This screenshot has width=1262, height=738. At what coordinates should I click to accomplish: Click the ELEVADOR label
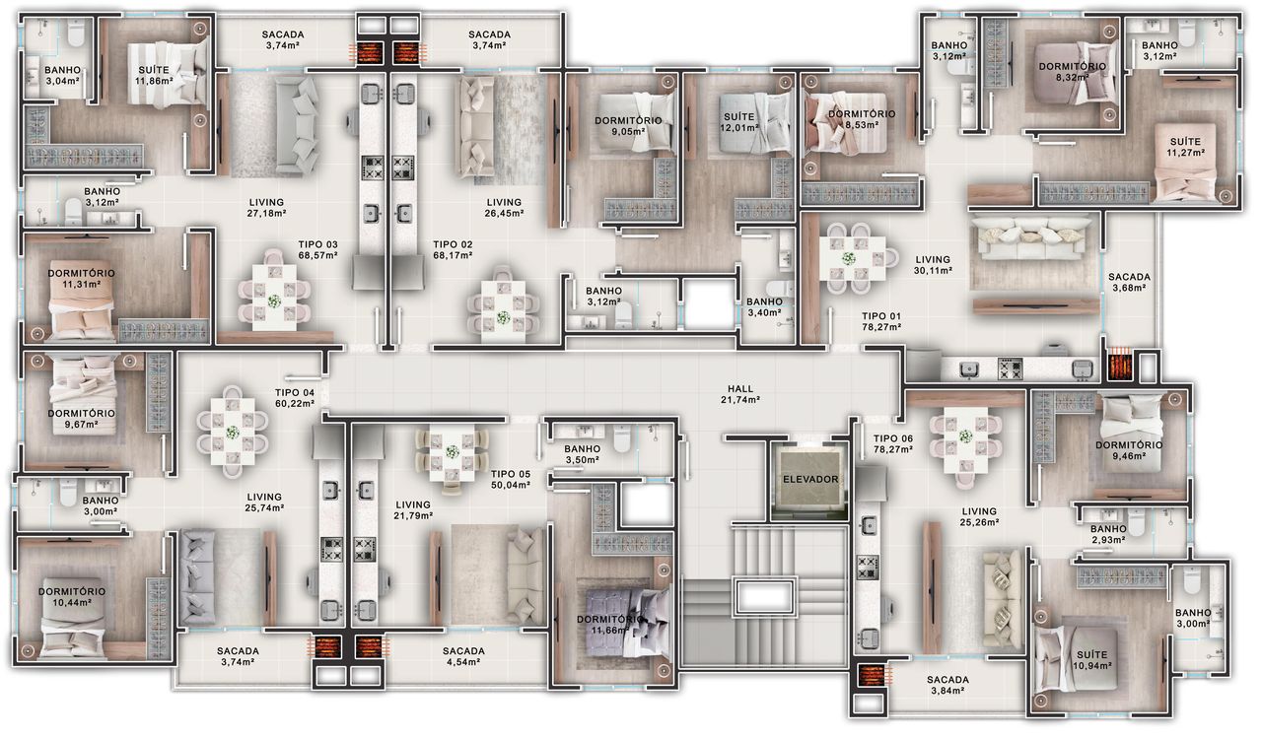click(810, 479)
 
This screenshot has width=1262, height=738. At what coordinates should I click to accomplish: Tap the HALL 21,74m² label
click(740, 394)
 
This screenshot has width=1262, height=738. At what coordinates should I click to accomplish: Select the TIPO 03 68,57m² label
click(317, 249)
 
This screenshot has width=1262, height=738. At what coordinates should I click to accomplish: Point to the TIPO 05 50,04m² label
click(510, 479)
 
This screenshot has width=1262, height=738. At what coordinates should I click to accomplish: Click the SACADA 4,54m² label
click(463, 656)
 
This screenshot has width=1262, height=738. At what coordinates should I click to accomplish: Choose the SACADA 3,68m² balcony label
click(1129, 282)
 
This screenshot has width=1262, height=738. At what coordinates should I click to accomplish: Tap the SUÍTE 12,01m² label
click(738, 121)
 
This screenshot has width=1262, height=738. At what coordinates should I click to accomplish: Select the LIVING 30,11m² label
click(933, 265)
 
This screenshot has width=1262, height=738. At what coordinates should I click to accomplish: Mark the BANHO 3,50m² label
click(582, 454)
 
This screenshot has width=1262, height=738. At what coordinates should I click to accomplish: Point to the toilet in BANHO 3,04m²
click(75, 34)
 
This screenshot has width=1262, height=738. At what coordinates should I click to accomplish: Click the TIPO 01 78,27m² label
click(881, 321)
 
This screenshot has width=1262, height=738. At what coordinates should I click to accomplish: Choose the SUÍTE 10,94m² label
click(1091, 660)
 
